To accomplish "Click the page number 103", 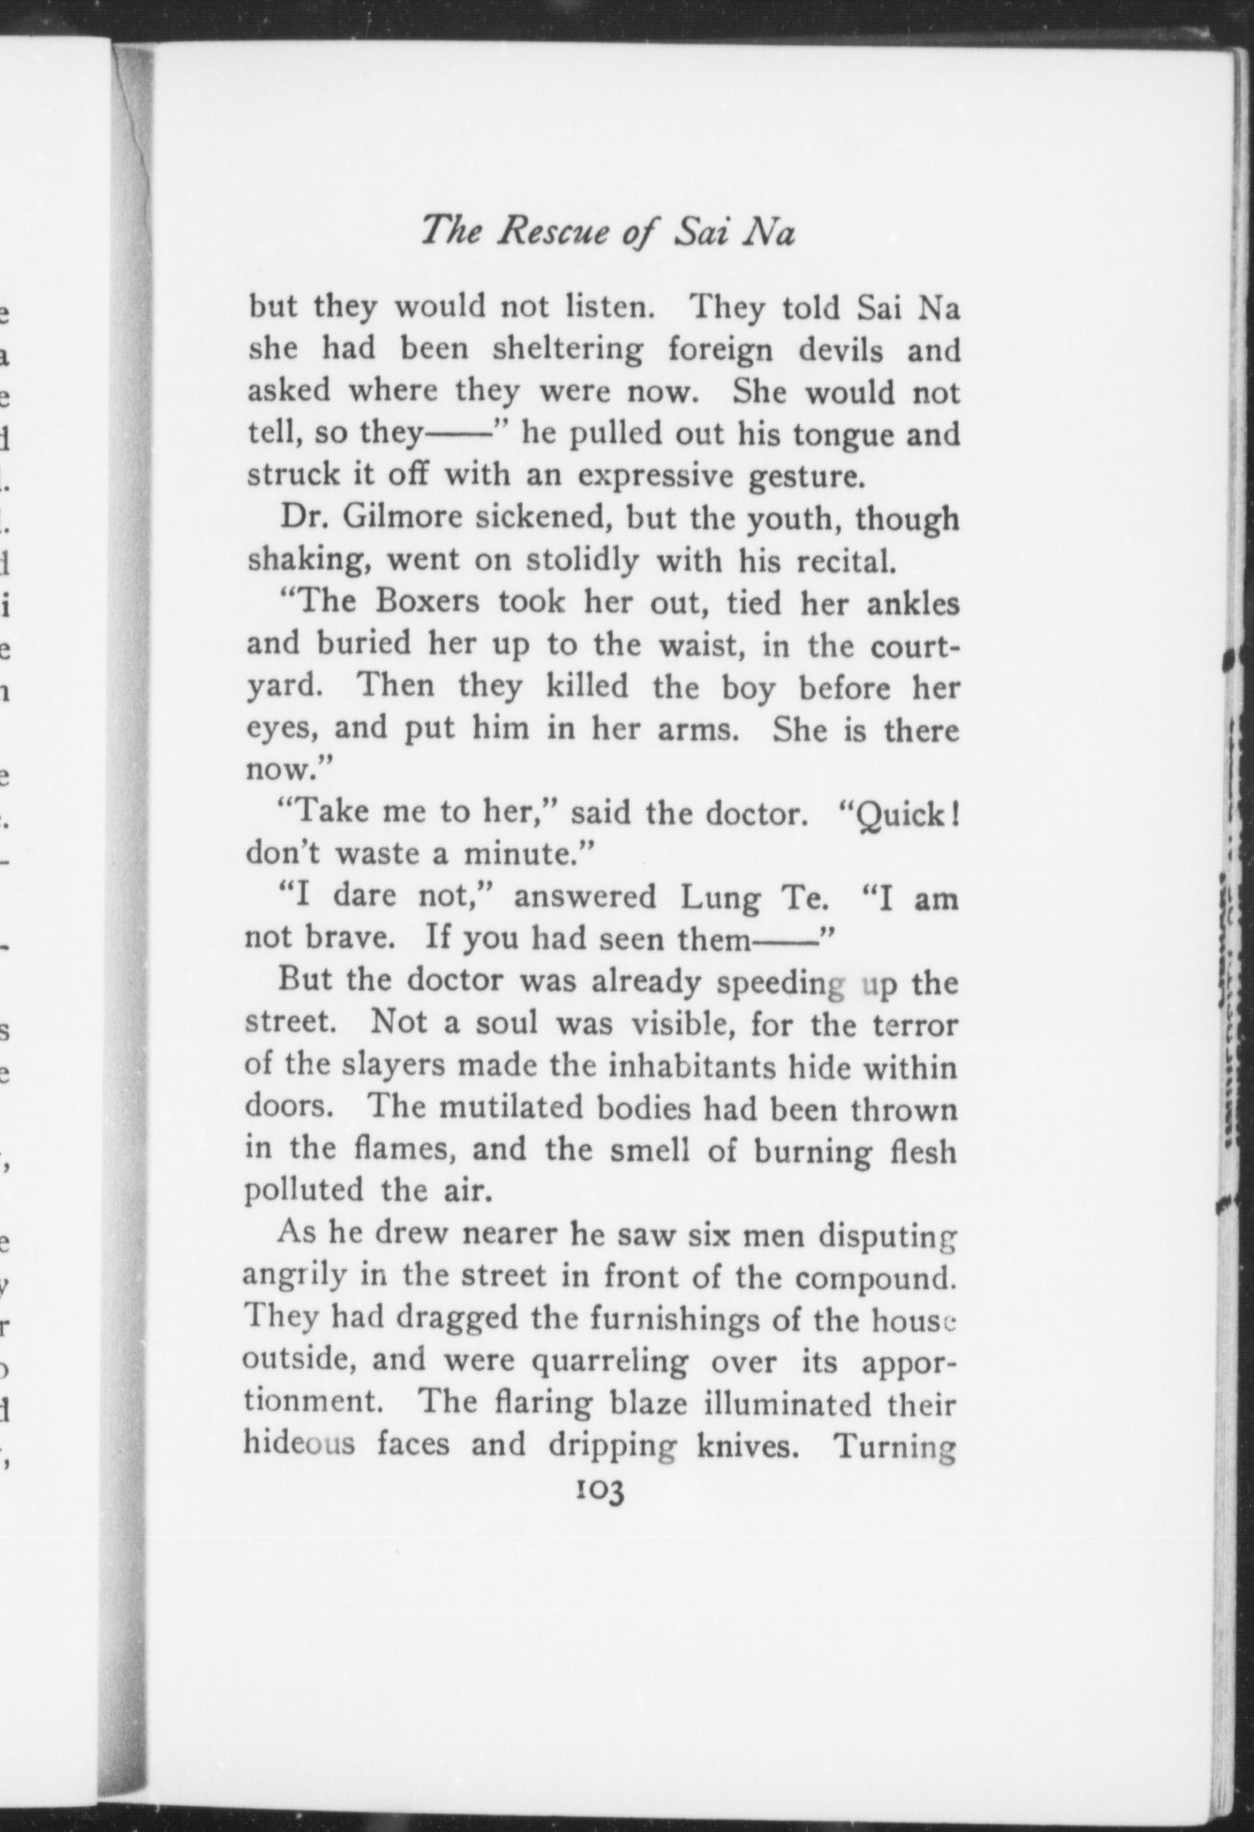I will (602, 1490).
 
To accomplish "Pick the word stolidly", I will (583, 560).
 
